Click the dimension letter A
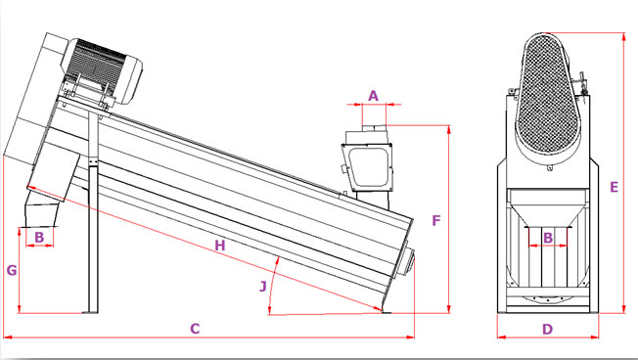(x=373, y=96)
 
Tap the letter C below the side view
(x=195, y=329)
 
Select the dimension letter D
(x=548, y=329)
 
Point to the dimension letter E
(x=614, y=187)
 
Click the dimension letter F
(x=436, y=220)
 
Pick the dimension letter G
(x=12, y=270)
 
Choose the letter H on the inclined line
(x=220, y=246)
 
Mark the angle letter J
(x=263, y=287)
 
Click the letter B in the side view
(x=39, y=237)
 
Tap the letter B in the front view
(x=548, y=238)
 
